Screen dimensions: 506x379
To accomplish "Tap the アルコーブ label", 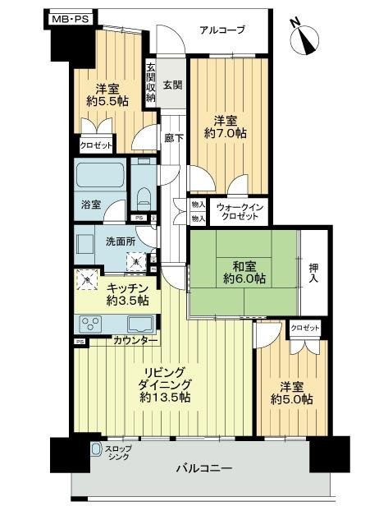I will (x=221, y=31).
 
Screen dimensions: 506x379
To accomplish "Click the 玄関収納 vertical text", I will (x=150, y=83).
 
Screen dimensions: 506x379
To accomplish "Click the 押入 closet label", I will (x=313, y=273).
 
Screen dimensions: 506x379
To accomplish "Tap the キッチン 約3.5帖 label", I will (x=126, y=293).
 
